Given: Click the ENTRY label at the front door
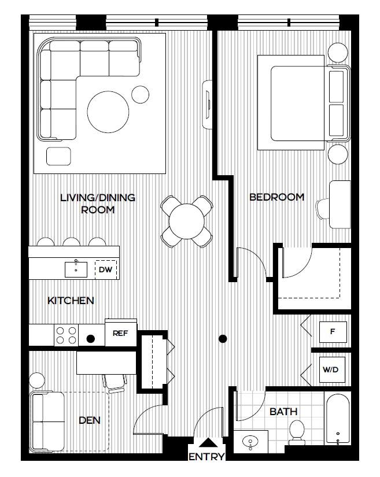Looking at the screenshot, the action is coord(206,457).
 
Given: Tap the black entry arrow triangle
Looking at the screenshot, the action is coord(208,443).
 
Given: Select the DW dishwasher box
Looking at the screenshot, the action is coord(106,269).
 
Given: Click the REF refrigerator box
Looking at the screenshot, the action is coord(120,333).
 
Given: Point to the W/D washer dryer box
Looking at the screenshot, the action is coord(332,369).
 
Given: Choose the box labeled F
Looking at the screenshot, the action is coord(333,332).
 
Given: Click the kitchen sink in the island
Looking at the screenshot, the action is coord(76,269).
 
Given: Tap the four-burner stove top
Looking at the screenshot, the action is coord(67,335).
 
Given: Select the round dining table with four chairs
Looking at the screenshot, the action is coord(186,221).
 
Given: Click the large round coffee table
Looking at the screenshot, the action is coord(108,112).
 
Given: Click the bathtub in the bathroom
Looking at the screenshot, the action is coord(338,419).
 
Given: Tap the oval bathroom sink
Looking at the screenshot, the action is coord(250,441).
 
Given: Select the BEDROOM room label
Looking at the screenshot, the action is coord(277,197).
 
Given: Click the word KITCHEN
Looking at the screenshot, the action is coord(71,301).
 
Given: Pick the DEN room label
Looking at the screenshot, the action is coord(90,420).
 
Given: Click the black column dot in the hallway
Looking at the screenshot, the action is coord(223,339).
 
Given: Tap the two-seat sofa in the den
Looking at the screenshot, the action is coord(47,422).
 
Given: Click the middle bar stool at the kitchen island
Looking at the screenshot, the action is coord(72,242).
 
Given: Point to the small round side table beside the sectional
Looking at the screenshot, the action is coord(140,94).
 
